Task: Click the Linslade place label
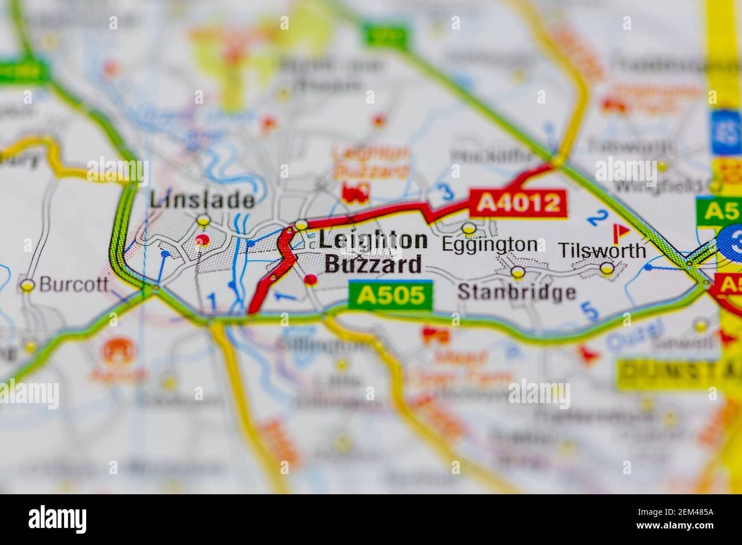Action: point(202,200)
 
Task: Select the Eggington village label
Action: point(490,245)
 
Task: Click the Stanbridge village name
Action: point(517,292)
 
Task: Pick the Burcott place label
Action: point(74,285)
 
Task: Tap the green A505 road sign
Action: point(391,295)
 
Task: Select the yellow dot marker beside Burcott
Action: point(27,286)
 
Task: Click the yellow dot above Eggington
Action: point(469,229)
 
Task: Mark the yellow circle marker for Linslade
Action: point(203,220)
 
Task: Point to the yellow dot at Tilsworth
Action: point(607,268)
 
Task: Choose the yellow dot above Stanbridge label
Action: point(518,272)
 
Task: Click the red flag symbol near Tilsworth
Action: point(620,231)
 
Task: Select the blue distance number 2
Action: point(598,217)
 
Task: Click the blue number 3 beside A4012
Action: point(440,193)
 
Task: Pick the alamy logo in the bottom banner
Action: point(58,519)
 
